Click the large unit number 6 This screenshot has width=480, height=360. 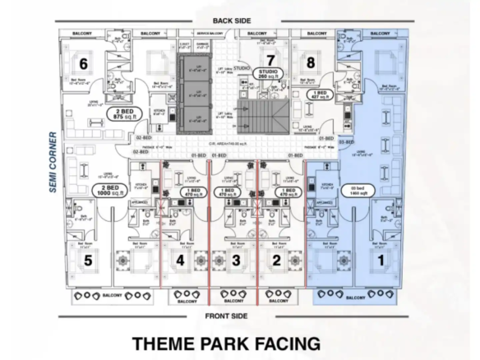point(83,62)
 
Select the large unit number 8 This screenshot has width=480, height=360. point(310,62)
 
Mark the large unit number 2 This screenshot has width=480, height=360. point(277,261)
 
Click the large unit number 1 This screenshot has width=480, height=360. point(380,261)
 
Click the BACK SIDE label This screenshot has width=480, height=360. point(232,19)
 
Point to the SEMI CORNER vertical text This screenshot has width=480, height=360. point(51,161)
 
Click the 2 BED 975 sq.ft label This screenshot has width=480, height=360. point(125,115)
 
